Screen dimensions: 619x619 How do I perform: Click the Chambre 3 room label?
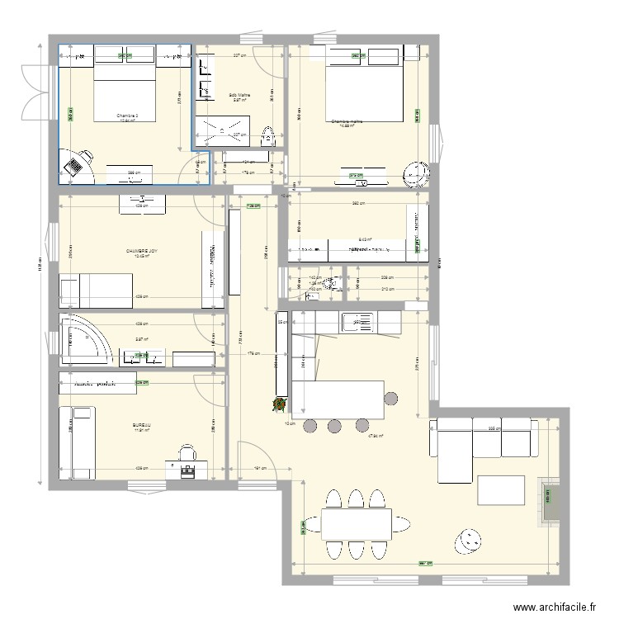click(125, 116)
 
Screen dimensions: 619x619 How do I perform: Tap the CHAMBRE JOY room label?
click(138, 251)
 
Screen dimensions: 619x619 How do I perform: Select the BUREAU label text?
click(141, 426)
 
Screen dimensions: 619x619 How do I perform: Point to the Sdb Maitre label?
click(239, 95)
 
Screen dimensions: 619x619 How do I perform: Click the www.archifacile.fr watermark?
click(553, 607)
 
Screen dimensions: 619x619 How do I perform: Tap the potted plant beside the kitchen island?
click(281, 404)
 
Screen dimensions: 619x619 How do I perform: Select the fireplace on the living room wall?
click(547, 500)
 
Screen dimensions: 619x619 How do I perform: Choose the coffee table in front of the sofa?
click(500, 489)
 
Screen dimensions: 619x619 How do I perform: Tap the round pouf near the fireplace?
click(466, 541)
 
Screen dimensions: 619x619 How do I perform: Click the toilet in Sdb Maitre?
click(267, 137)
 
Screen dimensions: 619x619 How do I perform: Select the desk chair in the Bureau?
click(187, 452)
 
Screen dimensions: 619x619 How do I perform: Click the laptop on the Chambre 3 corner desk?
click(75, 166)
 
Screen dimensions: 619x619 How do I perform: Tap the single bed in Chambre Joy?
click(96, 287)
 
